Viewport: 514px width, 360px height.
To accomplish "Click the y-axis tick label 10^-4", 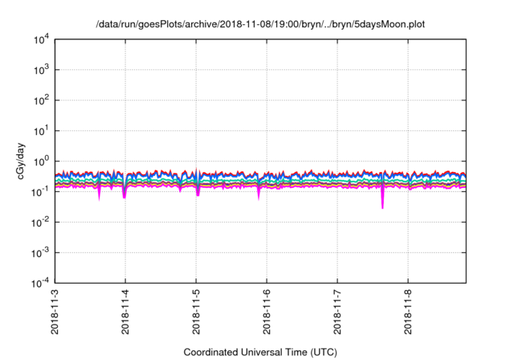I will coord(43,283).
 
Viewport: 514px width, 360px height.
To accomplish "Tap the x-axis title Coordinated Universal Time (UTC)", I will coord(259,352).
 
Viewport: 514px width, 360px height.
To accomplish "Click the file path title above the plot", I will coord(259,24).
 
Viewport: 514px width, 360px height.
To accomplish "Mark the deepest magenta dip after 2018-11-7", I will coord(382,205).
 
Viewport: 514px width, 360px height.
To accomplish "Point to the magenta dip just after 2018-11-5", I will coord(198,193).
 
